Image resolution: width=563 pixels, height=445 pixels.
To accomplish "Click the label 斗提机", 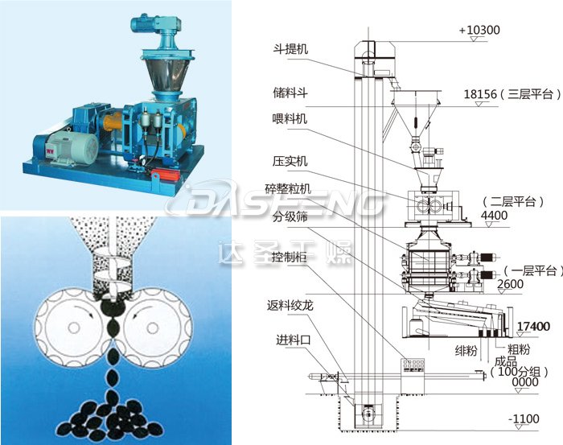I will point(290,49).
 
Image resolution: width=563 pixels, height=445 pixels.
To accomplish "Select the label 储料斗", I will point(290,94).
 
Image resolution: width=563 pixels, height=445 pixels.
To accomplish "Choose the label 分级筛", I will point(290,216).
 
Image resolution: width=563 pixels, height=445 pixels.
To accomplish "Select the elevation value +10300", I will point(479,31).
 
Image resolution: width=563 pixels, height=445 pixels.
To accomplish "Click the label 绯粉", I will point(466,351).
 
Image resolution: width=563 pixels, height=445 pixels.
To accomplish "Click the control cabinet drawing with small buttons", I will point(415,366).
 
